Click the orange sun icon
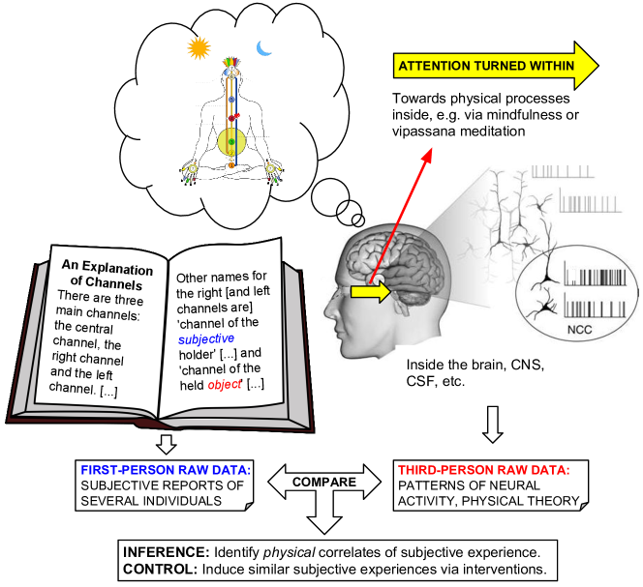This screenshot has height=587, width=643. coord(199,47)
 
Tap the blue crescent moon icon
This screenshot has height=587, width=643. coord(263,47)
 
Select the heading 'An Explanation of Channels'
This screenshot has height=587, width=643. coord(107,275)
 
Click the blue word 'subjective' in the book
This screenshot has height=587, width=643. coord(206,338)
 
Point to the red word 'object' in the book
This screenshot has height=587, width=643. coord(225,384)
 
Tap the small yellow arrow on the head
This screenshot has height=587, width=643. coord(367,290)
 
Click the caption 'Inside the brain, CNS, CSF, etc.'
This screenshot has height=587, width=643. coord(475,373)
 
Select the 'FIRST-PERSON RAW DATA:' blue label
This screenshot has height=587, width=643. coord(165,470)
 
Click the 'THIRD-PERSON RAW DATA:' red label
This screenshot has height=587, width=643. coord(483,470)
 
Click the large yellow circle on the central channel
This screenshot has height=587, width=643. coord(231,142)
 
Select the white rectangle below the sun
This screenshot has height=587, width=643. coord(188,110)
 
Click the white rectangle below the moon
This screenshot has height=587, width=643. coord(277,105)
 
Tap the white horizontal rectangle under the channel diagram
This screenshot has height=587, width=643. coord(230,186)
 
